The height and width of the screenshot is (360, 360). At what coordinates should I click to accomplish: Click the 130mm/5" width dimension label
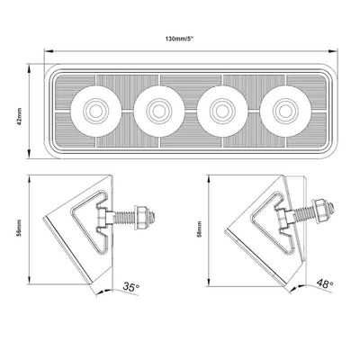(180, 39)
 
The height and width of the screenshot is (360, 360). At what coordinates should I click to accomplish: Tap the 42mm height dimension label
(20, 116)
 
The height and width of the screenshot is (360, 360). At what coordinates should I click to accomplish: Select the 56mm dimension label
(20, 228)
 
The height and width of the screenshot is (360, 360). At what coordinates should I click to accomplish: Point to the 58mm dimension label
(200, 229)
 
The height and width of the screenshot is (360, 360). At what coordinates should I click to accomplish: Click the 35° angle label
(131, 287)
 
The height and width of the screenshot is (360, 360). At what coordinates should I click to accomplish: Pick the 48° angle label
(325, 283)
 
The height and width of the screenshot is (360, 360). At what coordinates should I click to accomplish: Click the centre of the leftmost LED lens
(96, 111)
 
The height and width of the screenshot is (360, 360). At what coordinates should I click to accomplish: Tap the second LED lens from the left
(159, 111)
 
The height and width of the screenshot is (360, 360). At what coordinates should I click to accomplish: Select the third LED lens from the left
(222, 111)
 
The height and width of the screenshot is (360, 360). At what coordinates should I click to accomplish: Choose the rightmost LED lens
(285, 111)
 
